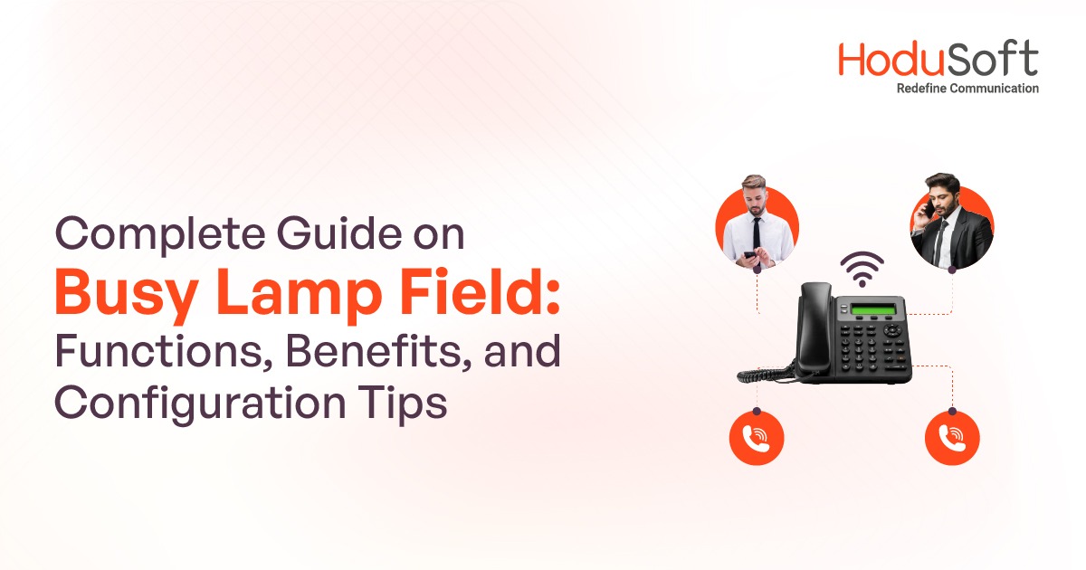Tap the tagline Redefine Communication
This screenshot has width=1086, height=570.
click(x=967, y=89)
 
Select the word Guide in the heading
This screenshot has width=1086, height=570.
click(x=335, y=236)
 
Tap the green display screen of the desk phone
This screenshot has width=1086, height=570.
click(x=876, y=310)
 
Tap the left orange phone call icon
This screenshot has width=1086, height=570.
click(x=756, y=439)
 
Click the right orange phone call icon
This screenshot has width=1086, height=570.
click(x=951, y=439)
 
